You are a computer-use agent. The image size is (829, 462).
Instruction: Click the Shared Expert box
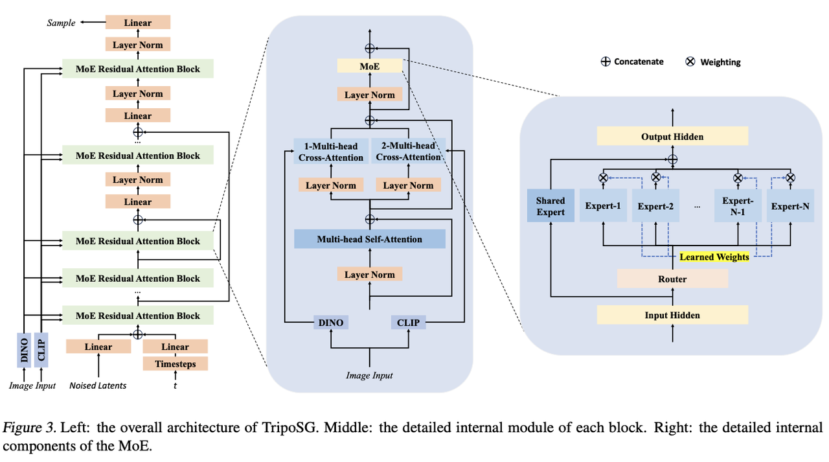click(551, 206)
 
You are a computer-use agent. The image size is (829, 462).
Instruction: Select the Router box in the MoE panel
click(672, 279)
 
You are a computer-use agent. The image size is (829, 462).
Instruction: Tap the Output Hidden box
click(672, 137)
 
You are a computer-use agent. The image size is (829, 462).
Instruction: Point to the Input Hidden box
click(672, 316)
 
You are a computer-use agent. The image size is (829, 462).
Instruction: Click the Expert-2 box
click(655, 206)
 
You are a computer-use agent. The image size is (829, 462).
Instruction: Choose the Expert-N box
click(790, 206)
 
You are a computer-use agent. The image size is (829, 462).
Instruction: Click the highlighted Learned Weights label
click(714, 257)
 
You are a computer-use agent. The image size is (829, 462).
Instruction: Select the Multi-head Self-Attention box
click(370, 239)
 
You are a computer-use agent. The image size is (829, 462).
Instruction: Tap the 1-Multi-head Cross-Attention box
click(331, 152)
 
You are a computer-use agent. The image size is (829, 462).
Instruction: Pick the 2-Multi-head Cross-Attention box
click(408, 152)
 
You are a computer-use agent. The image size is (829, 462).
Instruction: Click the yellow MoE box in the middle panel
click(370, 66)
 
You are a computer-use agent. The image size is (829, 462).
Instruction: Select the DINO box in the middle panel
click(331, 322)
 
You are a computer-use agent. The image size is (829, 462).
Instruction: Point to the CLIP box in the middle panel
click(408, 322)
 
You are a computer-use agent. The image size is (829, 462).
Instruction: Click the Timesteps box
click(175, 364)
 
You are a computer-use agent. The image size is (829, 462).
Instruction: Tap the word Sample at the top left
click(61, 23)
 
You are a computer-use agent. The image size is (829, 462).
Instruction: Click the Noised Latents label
click(98, 386)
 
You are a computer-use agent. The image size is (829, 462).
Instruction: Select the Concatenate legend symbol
click(606, 62)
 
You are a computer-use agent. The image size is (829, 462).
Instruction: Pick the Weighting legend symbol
click(690, 62)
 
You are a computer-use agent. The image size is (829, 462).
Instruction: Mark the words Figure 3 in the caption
click(23, 428)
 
